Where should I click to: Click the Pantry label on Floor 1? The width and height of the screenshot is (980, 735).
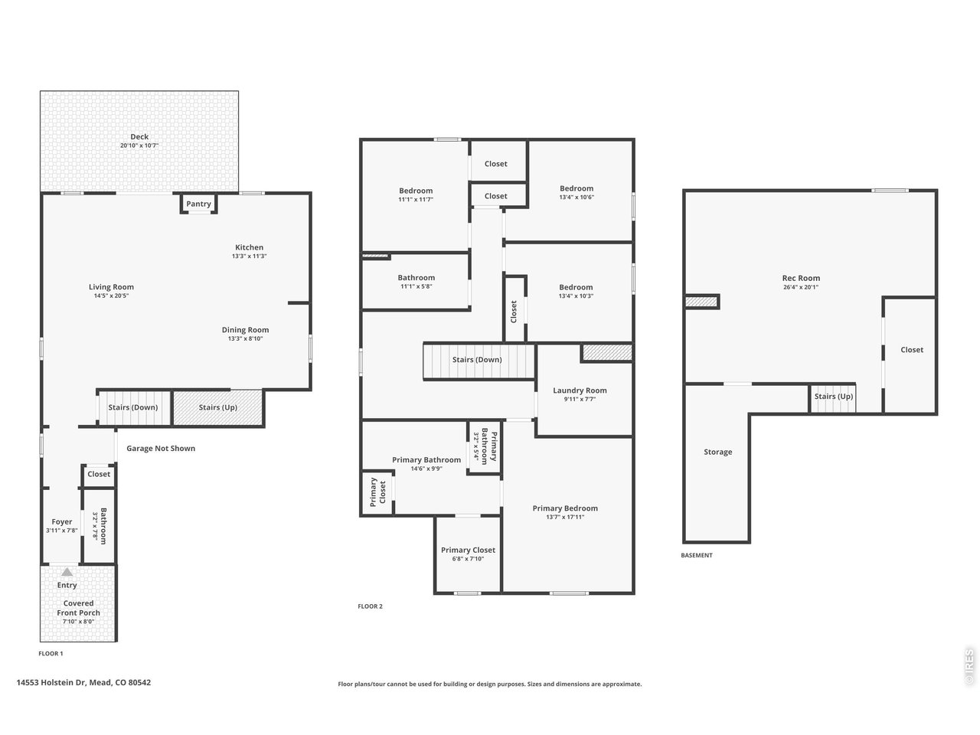pyautogui.click(x=198, y=204)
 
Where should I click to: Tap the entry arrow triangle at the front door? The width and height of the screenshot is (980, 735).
pyautogui.click(x=67, y=572)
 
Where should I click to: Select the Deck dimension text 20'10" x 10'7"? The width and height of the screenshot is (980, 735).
pyautogui.click(x=139, y=145)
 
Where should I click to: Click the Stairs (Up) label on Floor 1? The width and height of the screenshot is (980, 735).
pyautogui.click(x=218, y=407)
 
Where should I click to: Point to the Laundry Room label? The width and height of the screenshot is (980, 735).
pyautogui.click(x=580, y=390)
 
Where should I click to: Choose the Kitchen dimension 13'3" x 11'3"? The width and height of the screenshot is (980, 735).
pyautogui.click(x=249, y=256)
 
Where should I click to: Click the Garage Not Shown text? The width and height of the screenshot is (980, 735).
pyautogui.click(x=161, y=449)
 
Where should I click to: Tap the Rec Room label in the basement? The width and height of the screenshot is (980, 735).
pyautogui.click(x=801, y=278)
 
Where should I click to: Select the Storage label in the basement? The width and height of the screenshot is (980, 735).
pyautogui.click(x=718, y=452)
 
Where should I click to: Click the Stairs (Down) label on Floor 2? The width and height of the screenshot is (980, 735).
pyautogui.click(x=477, y=360)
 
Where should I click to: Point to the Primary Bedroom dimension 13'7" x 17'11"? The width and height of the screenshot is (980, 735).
pyautogui.click(x=565, y=518)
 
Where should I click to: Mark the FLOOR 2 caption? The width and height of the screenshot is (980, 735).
pyautogui.click(x=370, y=606)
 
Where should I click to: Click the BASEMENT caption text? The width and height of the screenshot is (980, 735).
pyautogui.click(x=697, y=556)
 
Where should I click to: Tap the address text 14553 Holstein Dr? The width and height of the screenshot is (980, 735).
pyautogui.click(x=51, y=682)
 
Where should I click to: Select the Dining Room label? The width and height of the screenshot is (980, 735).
pyautogui.click(x=246, y=330)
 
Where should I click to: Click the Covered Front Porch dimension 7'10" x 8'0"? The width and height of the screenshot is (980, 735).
pyautogui.click(x=79, y=622)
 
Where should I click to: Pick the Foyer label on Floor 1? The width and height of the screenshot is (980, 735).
pyautogui.click(x=61, y=521)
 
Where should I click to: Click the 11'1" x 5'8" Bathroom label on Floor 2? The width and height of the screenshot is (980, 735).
pyautogui.click(x=416, y=278)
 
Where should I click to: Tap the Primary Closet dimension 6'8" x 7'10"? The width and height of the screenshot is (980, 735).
pyautogui.click(x=468, y=559)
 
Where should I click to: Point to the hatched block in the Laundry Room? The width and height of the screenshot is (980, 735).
pyautogui.click(x=607, y=352)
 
